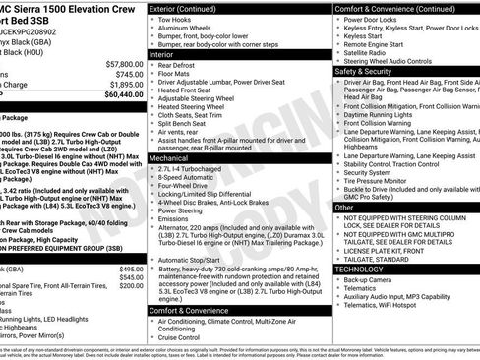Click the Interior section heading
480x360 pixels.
pos(163,55)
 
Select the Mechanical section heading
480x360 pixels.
pos(172,157)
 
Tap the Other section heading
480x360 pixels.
pos(344,208)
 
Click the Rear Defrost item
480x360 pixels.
pos(178,66)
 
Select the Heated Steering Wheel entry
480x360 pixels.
pos(196,108)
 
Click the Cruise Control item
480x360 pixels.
pos(184,337)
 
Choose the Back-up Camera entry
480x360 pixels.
pos(369,279)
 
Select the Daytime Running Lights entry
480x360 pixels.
pos(385,114)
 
